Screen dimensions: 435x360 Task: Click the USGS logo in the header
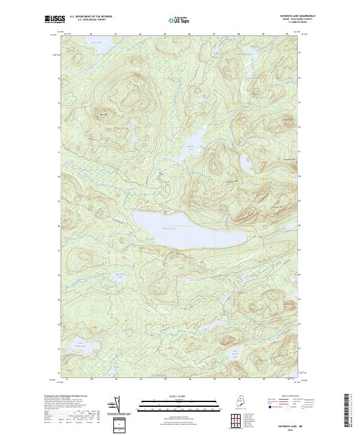[54, 19]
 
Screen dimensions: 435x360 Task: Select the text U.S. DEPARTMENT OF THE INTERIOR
[91, 16]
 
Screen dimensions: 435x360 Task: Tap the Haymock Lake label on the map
[170, 228]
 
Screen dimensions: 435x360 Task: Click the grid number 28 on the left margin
[59, 226]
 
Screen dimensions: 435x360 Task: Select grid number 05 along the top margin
[165, 34]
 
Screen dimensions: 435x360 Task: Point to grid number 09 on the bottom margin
[263, 379]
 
